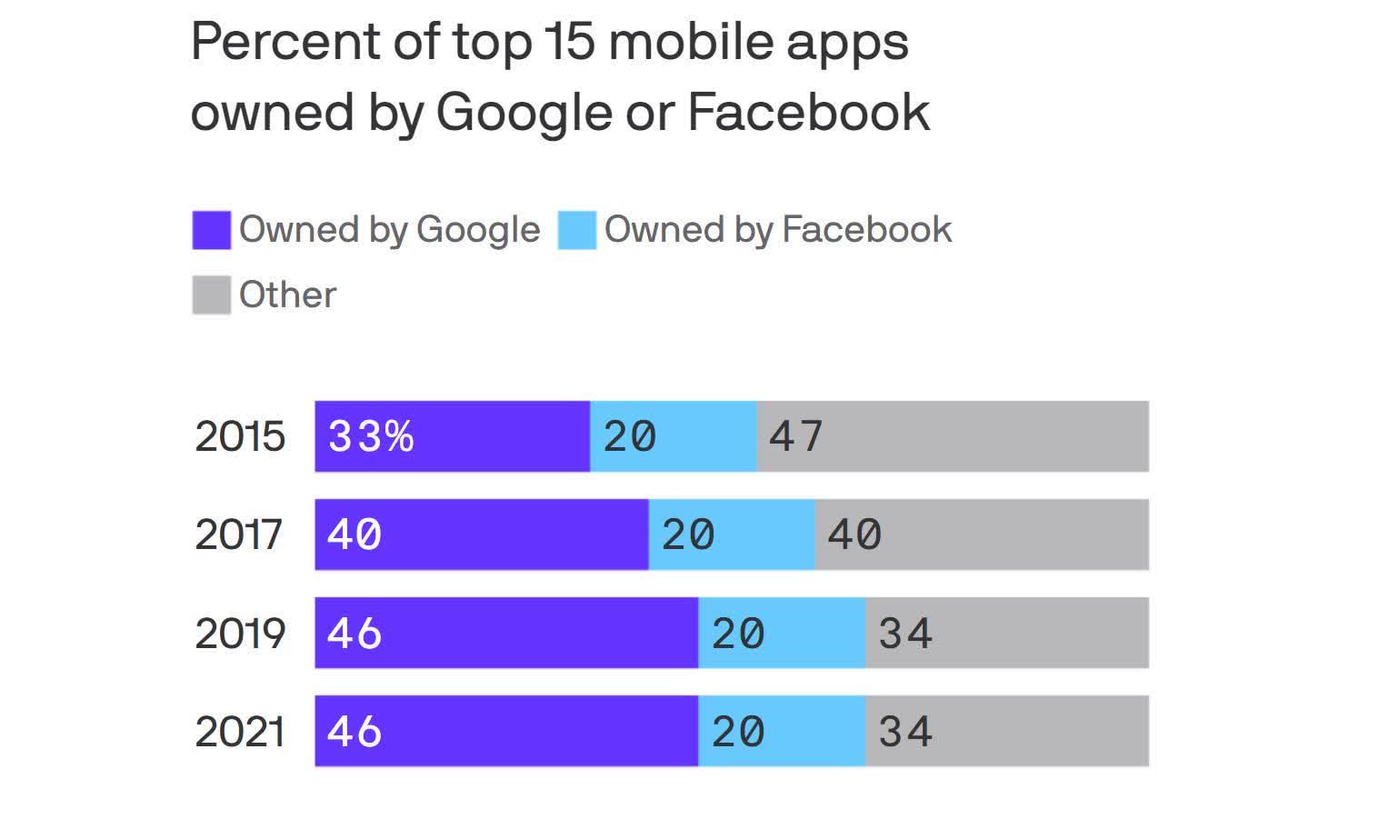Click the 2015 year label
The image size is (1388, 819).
coord(240,437)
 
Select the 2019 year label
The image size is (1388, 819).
coord(240,634)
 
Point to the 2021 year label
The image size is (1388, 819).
coord(240,732)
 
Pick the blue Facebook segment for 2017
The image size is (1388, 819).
coord(732,535)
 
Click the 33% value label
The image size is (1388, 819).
coord(371,437)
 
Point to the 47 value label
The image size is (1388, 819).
coord(796,437)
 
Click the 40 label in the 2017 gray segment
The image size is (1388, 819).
coord(854,535)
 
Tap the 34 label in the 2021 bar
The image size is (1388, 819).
coord(905,732)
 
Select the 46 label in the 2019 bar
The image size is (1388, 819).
coord(354,634)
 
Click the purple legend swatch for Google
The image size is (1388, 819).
coord(211,230)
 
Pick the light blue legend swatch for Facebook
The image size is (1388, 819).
coord(577,230)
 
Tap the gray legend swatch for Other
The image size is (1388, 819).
coord(211,295)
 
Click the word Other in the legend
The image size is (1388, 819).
coord(287,295)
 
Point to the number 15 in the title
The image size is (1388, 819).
coord(569,42)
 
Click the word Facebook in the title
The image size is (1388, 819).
coord(808,113)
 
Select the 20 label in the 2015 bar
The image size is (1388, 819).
coord(630,437)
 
